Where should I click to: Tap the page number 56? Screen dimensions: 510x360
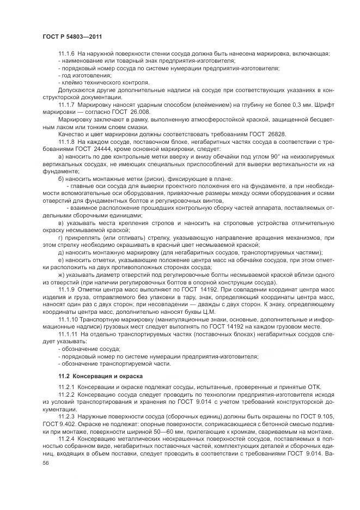(x=46, y=462)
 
